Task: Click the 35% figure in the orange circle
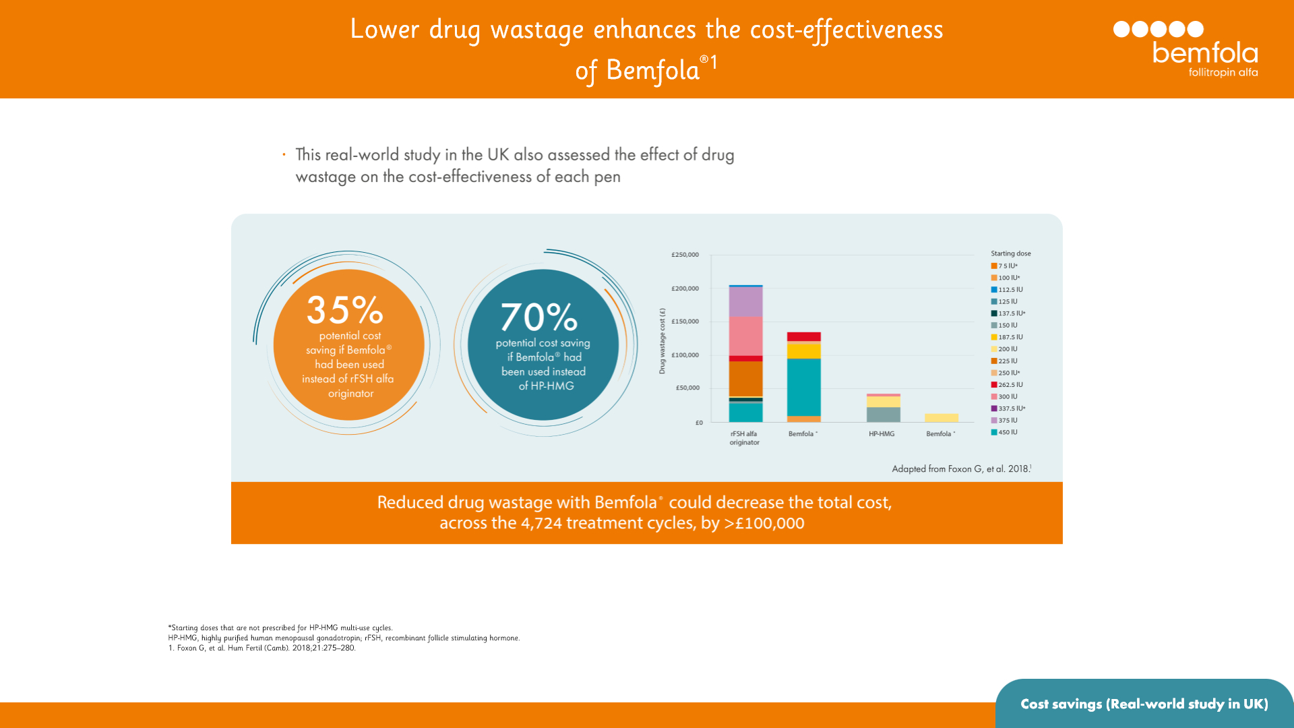pyautogui.click(x=345, y=310)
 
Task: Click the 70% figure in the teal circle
pyautogui.click(x=539, y=317)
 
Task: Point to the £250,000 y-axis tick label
pyautogui.click(x=685, y=255)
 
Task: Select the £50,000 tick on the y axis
pyautogui.click(x=687, y=388)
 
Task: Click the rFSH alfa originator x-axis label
pyautogui.click(x=744, y=438)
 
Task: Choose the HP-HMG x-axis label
pyautogui.click(x=882, y=434)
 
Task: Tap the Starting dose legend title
pyautogui.click(x=1010, y=253)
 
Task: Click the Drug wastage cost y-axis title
pyautogui.click(x=662, y=341)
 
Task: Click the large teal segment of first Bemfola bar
pyautogui.click(x=804, y=387)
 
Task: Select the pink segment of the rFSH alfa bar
pyautogui.click(x=745, y=336)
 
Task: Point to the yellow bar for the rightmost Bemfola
pyautogui.click(x=941, y=418)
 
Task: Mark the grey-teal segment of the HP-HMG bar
pyautogui.click(x=883, y=415)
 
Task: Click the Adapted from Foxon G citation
pyautogui.click(x=961, y=468)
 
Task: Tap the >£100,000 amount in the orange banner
pyautogui.click(x=764, y=524)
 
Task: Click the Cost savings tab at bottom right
pyautogui.click(x=1144, y=704)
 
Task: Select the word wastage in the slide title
pyautogui.click(x=537, y=30)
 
